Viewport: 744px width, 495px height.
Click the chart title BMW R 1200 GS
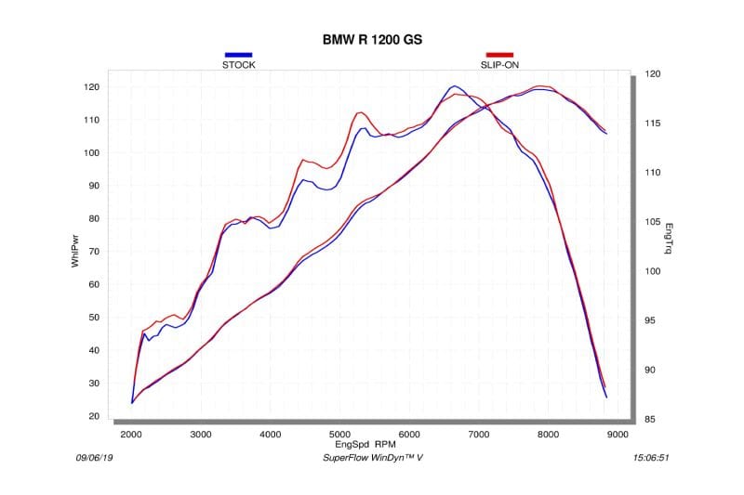[x=371, y=40]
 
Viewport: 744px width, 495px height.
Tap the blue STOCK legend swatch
[x=238, y=56]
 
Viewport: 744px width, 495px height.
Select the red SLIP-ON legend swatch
[x=499, y=56]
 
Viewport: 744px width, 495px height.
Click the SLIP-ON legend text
[x=499, y=65]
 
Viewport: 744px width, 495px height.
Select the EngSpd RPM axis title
[x=373, y=444]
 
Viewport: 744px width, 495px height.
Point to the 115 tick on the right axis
[x=653, y=124]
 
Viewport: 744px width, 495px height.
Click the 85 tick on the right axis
[x=653, y=420]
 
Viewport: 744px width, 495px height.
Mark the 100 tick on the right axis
[x=653, y=271]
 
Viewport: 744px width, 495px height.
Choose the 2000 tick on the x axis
[x=130, y=434]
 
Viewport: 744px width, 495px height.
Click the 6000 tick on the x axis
[x=409, y=434]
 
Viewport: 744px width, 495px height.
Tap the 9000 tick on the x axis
[x=618, y=434]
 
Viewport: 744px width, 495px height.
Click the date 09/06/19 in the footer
[x=94, y=458]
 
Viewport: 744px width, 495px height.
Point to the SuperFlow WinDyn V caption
[x=372, y=458]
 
